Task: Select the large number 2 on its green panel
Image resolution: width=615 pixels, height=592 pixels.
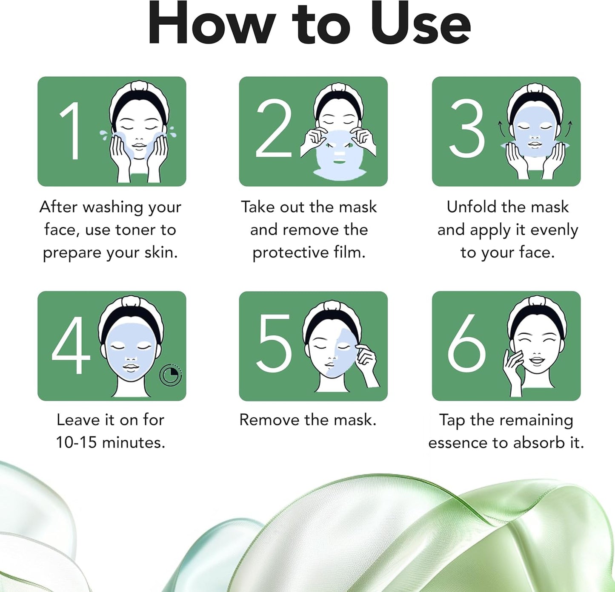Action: point(274,128)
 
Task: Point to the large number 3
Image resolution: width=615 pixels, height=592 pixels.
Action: point(466,128)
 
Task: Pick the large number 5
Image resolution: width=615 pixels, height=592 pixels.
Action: point(274,343)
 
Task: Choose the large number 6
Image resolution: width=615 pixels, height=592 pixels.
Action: point(466,343)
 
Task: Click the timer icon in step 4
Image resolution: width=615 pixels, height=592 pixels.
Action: point(171,375)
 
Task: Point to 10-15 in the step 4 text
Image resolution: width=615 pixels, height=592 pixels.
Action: point(76,442)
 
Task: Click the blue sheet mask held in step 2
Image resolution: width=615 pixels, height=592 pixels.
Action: point(340,156)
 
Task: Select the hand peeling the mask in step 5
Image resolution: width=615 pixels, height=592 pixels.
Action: point(366,364)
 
